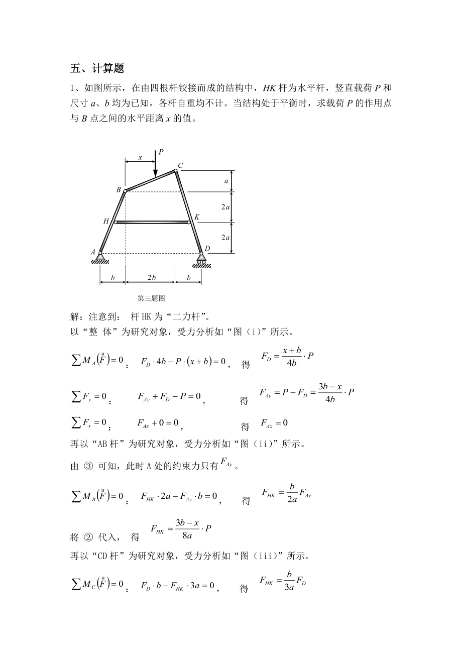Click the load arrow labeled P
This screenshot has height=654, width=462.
click(x=155, y=165)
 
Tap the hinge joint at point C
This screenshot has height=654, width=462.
click(x=175, y=171)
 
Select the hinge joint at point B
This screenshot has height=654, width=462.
click(x=125, y=191)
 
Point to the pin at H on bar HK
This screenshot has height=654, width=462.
click(x=115, y=222)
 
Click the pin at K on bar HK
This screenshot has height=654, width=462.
click(x=189, y=222)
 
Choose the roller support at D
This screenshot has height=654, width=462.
click(x=201, y=257)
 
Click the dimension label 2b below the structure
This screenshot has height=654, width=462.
click(x=151, y=277)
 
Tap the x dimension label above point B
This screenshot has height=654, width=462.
click(x=140, y=157)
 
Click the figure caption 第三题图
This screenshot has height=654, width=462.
click(x=151, y=298)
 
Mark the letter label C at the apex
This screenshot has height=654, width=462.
click(x=181, y=165)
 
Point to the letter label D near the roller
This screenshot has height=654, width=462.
click(x=207, y=249)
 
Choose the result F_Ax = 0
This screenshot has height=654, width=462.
click(x=274, y=423)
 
